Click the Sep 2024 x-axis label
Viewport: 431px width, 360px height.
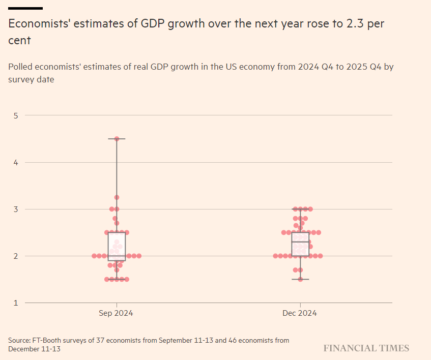(x=116, y=313)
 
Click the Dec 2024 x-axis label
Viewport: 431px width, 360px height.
(x=300, y=313)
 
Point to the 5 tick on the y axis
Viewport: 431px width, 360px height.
(x=16, y=115)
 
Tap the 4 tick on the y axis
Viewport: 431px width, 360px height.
(x=16, y=162)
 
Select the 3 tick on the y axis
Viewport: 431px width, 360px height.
(x=16, y=209)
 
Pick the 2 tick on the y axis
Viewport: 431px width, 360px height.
(x=16, y=256)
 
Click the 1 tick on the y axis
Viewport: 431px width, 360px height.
(x=16, y=303)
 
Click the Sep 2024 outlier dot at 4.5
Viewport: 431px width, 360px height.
(x=117, y=139)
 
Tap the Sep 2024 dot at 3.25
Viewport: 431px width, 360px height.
(x=117, y=197)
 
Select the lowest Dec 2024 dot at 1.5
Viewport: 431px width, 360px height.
(x=300, y=279)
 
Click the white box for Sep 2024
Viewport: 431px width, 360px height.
(x=117, y=244)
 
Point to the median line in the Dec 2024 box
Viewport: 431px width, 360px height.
(x=300, y=242)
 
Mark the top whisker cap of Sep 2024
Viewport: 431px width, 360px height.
(x=117, y=139)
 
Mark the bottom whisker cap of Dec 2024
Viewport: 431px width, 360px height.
(x=300, y=279)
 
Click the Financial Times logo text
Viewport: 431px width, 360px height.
(x=366, y=348)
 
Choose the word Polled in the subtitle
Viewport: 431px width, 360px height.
(x=21, y=67)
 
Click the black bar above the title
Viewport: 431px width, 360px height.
(x=25, y=8)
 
